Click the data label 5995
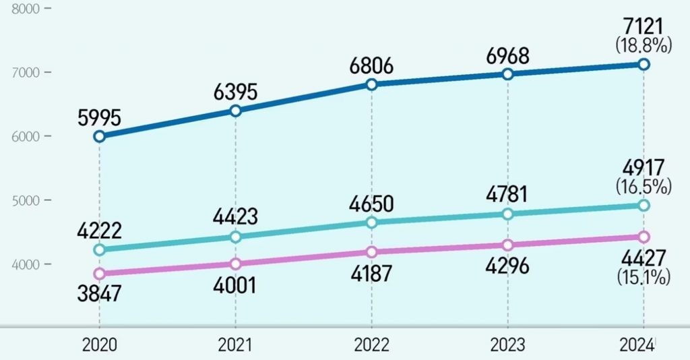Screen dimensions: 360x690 pos(99,118)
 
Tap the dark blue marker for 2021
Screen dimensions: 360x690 pos(236,111)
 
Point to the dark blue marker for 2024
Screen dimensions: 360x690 pos(644,64)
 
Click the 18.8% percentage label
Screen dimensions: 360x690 pos(644,46)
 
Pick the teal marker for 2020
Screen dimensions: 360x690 pos(99,250)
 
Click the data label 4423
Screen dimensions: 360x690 pos(236,218)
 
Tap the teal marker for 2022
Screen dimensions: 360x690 pos(372,222)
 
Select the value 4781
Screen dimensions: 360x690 pos(507,196)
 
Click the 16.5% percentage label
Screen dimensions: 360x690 pos(644,187)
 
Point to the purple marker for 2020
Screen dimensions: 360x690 pos(99,274)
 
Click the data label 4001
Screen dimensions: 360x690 pos(236,285)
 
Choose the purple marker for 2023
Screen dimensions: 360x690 pos(508,245)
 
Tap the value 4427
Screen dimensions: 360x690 pos(644,258)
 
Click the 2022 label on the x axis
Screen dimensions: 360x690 pos(371,345)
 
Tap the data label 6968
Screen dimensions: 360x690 pos(507,55)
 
